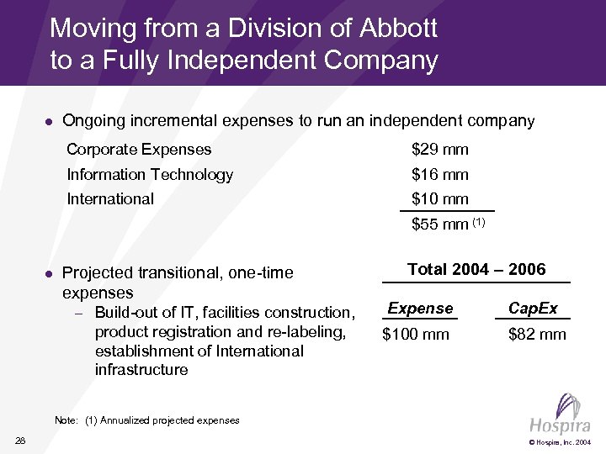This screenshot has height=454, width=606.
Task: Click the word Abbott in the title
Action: tap(397, 29)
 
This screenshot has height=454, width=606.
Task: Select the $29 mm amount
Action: tap(439, 150)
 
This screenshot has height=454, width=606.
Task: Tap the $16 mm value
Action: tap(439, 175)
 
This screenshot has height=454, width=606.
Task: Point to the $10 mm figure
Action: tap(439, 199)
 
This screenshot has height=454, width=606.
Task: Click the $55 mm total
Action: tap(439, 224)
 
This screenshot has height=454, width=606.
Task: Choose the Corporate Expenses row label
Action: tap(139, 150)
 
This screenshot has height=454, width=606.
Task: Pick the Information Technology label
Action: tap(150, 175)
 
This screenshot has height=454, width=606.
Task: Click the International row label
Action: tap(110, 199)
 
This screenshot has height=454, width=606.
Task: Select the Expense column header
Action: tap(420, 309)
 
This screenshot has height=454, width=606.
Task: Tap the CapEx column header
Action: tap(533, 309)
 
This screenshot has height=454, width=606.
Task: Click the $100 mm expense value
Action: tap(416, 335)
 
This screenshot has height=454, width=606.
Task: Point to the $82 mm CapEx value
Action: tap(537, 335)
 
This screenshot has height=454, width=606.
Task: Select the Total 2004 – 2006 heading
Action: tap(476, 270)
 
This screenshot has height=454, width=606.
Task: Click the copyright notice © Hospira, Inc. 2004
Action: tap(560, 441)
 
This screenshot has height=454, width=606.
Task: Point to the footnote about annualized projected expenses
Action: tap(146, 420)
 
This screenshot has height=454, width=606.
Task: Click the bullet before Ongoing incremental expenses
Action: tap(49, 122)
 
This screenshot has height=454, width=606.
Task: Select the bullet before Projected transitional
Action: tap(49, 273)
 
